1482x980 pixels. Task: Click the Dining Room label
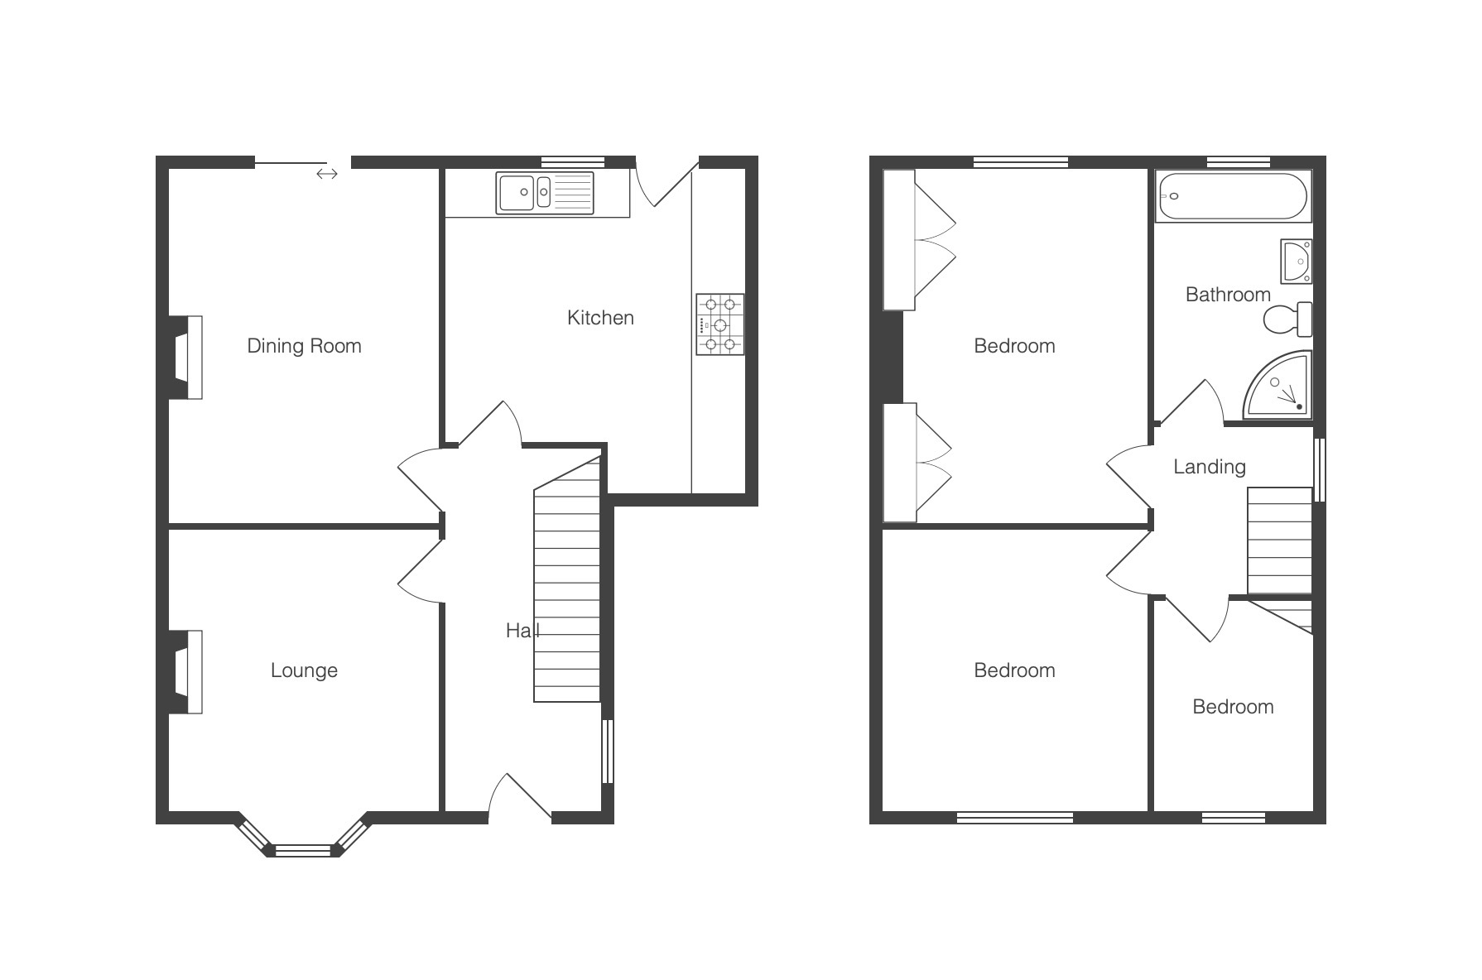coord(304,346)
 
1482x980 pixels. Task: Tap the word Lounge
coord(304,670)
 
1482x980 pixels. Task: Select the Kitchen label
coord(600,318)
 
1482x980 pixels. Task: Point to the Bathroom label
coord(1228,295)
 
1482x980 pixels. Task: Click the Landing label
coord(1210,467)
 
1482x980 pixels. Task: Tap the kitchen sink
coord(545,193)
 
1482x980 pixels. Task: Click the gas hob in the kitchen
coord(719,324)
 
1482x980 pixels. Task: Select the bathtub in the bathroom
coord(1233,196)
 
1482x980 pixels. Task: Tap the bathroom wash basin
coord(1296,261)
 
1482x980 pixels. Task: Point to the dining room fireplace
coord(185,358)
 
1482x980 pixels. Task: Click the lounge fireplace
coord(185,672)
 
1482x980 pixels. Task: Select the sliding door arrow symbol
coord(327,174)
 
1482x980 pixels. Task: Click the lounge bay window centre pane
coord(302,850)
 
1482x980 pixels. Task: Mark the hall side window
coord(608,751)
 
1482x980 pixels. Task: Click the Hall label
coord(522,631)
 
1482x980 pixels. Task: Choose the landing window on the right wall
coord(1320,470)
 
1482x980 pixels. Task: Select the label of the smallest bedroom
coord(1233,707)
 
